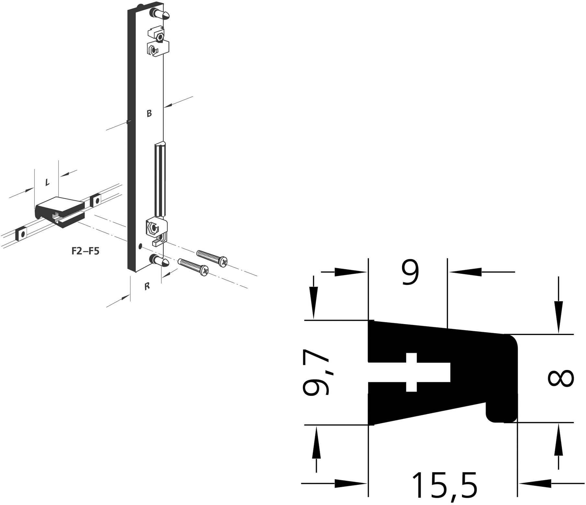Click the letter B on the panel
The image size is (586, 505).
pos(149,114)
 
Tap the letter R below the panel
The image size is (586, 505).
pos(147,286)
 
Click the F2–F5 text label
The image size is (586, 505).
pos(86,251)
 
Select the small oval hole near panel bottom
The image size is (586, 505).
pos(140,246)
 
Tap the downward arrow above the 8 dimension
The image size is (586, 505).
pos(558,318)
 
